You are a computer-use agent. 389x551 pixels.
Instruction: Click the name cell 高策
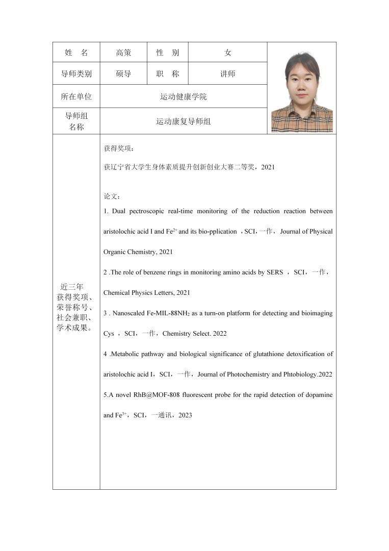pyautogui.click(x=123, y=53)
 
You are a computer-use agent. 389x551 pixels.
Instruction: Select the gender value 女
pyautogui.click(x=228, y=53)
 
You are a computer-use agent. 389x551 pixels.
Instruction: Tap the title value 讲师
pyautogui.click(x=228, y=74)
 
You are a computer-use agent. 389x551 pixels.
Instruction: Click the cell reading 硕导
pyautogui.click(x=123, y=74)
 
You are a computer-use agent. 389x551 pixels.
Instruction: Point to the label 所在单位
pyautogui.click(x=76, y=96)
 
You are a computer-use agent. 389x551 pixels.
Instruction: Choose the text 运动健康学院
pyautogui.click(x=184, y=96)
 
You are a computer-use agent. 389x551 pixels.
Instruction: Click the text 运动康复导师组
pyautogui.click(x=184, y=121)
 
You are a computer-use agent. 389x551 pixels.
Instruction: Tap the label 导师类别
pyautogui.click(x=76, y=74)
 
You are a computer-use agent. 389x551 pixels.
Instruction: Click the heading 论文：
pyautogui.click(x=112, y=196)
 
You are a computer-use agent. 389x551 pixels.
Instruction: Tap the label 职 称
pyautogui.click(x=168, y=74)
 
